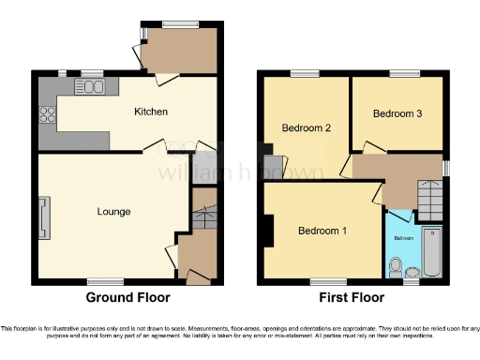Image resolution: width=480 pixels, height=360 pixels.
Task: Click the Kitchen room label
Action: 151,112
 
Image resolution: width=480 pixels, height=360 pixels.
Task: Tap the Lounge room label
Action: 113,212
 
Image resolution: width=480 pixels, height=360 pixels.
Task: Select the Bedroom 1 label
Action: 322,231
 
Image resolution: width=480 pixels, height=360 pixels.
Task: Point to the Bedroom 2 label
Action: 306,128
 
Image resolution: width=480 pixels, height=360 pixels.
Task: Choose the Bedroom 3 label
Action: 397,113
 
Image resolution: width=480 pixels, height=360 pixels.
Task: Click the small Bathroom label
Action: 402,238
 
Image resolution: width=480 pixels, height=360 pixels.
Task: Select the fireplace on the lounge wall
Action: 45,217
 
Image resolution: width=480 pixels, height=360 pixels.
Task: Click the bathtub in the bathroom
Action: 432,251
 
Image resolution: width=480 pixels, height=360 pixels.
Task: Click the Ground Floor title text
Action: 128,298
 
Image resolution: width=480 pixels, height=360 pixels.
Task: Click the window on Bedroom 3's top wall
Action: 404,73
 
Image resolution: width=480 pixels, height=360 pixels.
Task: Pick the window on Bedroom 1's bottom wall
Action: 324,279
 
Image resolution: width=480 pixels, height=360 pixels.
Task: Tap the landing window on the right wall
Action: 446,167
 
